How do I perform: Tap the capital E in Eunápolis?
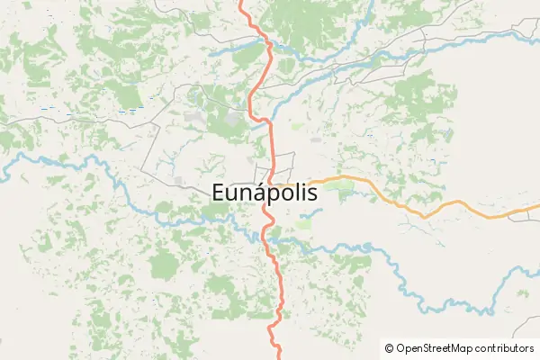pos(220,192)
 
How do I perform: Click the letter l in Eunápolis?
pos(301,191)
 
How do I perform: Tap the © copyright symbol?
pos(389,347)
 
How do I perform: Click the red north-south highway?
pos(269,135)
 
